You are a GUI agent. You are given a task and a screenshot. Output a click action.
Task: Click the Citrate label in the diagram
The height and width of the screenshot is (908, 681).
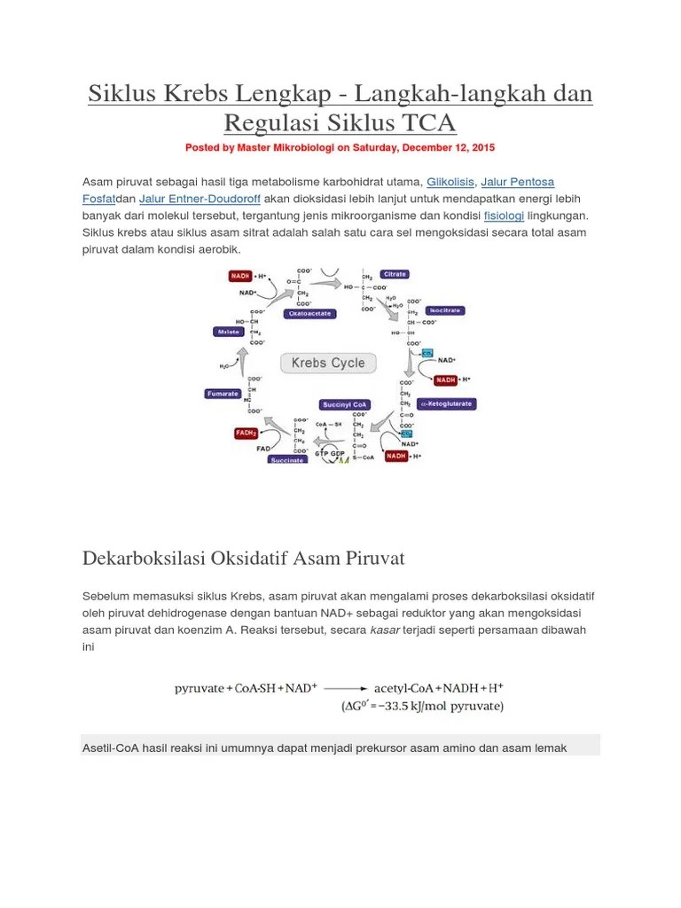click(x=395, y=274)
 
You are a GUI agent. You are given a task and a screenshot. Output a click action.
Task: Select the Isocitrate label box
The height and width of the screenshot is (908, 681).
click(x=443, y=310)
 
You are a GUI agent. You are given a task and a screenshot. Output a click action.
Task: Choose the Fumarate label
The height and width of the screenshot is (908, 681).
click(x=222, y=393)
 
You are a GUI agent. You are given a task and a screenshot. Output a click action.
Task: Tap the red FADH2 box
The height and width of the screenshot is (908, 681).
click(x=246, y=433)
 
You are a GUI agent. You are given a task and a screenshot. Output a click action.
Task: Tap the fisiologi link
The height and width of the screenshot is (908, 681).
click(x=504, y=215)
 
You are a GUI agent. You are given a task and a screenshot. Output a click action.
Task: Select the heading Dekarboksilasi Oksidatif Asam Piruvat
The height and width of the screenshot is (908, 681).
click(x=243, y=559)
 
